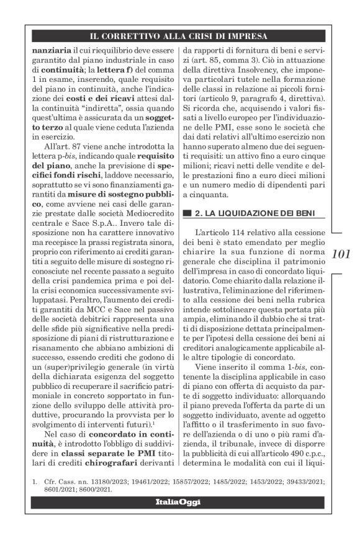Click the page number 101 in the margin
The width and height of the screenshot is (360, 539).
tap(341, 254)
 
